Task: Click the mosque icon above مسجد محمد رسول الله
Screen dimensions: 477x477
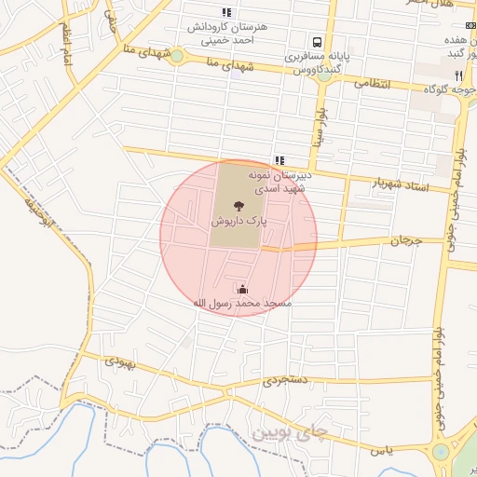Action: [x=243, y=290]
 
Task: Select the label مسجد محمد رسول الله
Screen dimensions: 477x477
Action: [x=242, y=304]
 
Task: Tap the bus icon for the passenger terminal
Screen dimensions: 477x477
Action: [x=318, y=42]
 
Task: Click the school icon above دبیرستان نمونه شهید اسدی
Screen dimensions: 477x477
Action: [x=279, y=160]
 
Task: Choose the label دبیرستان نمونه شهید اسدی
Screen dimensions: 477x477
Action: [x=279, y=181]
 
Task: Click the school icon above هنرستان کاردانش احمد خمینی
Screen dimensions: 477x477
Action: [x=225, y=12]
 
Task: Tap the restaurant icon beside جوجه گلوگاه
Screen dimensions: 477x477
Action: [x=457, y=75]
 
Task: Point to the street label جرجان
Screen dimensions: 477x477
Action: [x=405, y=240]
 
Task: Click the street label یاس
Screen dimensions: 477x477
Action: [x=376, y=450]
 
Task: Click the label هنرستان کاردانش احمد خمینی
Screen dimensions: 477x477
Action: [x=227, y=33]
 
